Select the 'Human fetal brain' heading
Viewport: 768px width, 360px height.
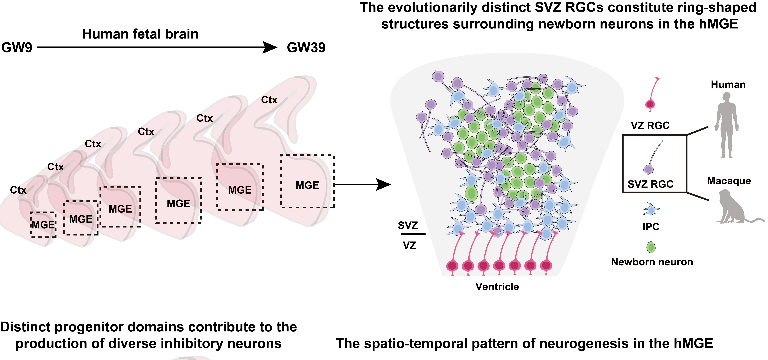(x=140, y=34)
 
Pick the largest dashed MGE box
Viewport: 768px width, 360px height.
(x=307, y=181)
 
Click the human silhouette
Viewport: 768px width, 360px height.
(x=727, y=125)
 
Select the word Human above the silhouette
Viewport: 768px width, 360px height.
(x=728, y=85)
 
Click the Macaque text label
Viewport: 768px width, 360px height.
(x=729, y=181)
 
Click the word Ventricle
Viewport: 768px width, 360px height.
(x=497, y=287)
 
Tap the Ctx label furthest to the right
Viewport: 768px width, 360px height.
(x=269, y=100)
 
